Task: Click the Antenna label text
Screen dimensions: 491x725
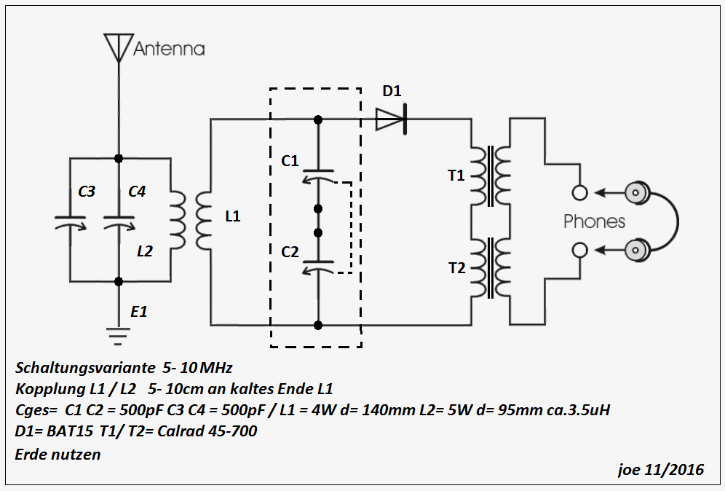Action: point(169,49)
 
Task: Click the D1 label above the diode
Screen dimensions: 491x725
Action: point(392,92)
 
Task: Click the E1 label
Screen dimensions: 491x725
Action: point(139,311)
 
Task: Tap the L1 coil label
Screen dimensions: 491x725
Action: point(233,216)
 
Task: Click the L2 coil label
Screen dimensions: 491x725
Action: point(146,251)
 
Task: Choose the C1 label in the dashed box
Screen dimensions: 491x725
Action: point(290,160)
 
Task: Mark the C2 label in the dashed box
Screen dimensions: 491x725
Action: point(290,251)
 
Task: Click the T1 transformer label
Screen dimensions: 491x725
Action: point(456,175)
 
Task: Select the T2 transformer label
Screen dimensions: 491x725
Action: point(456,267)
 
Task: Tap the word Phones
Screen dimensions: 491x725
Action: point(594,221)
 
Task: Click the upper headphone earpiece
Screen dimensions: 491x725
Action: point(637,193)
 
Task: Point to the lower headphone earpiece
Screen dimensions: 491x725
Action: point(637,250)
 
